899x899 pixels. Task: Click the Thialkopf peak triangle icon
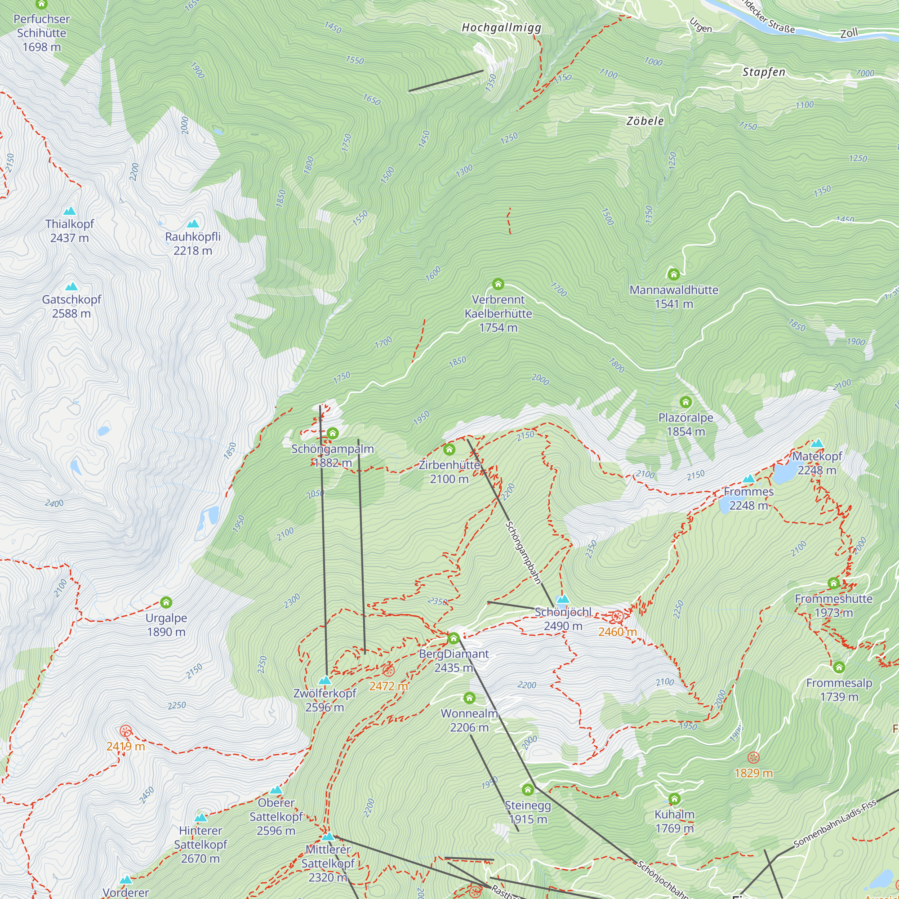(70, 211)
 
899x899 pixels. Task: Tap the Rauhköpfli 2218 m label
(193, 243)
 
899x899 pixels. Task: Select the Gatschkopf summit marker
(71, 287)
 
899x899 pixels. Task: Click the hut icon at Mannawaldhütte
(673, 274)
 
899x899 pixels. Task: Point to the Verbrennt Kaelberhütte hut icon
(498, 284)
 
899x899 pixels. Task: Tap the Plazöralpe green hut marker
(685, 401)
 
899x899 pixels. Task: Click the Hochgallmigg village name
(501, 28)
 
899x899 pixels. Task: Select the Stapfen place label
(764, 72)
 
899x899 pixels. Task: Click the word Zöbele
(645, 121)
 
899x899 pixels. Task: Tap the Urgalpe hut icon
(166, 603)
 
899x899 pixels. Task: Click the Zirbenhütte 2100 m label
(449, 472)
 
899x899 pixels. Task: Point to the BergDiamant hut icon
(453, 638)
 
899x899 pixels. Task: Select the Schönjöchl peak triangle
(563, 599)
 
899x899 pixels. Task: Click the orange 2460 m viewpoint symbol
(617, 617)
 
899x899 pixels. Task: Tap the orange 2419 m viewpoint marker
(126, 730)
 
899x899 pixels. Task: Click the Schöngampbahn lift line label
(523, 552)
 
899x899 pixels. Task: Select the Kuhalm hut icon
(674, 799)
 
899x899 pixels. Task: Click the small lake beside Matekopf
(784, 474)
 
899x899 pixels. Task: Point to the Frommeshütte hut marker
(833, 583)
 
